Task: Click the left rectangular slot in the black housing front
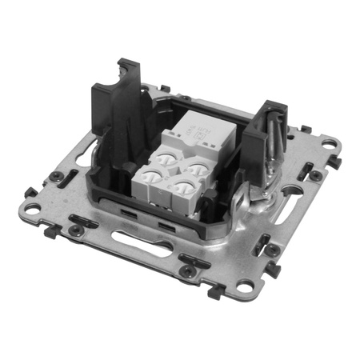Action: [x=128, y=214]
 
